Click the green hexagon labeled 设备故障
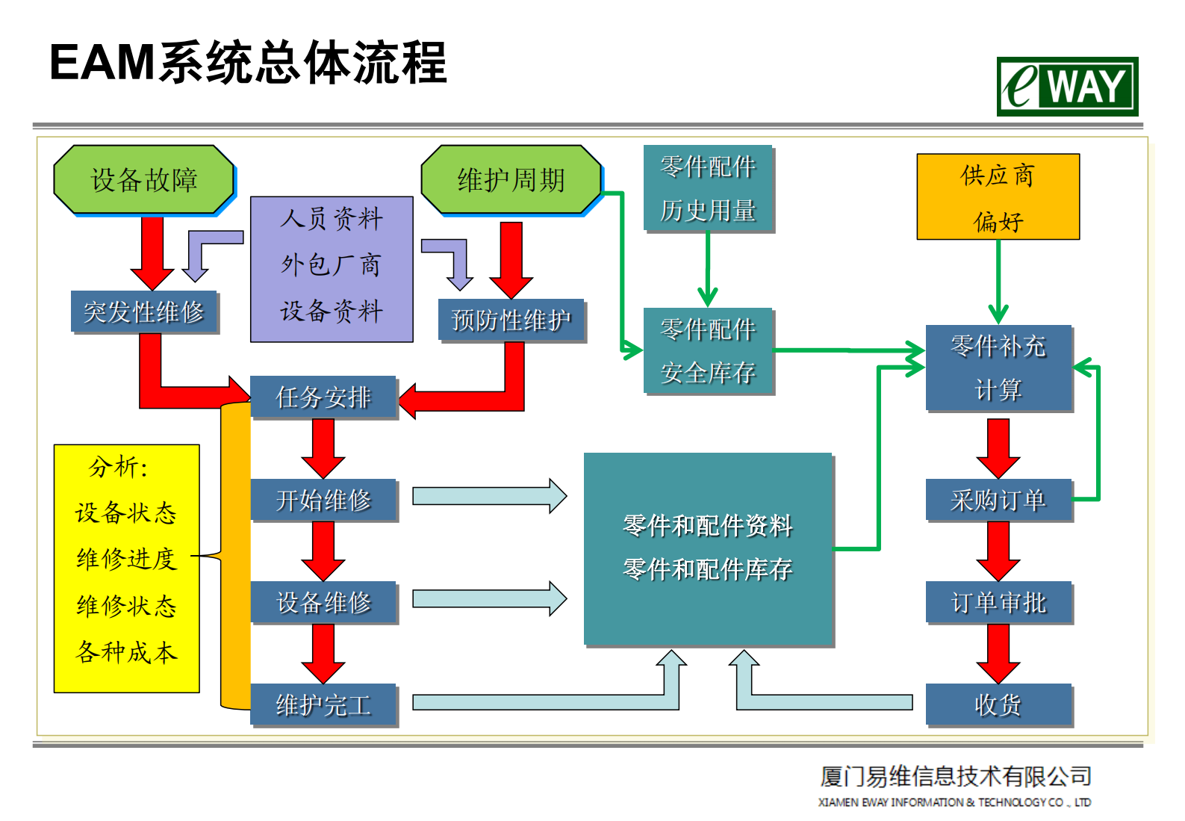[x=143, y=180]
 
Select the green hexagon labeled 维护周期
[x=511, y=180]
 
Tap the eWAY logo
[x=1066, y=87]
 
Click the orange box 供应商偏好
[x=998, y=196]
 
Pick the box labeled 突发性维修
[x=143, y=312]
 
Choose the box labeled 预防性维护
[x=511, y=320]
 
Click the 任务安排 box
[x=323, y=397]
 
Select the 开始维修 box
[x=323, y=500]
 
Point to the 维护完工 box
[x=323, y=704]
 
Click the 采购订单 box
[x=998, y=500]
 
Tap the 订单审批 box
[x=998, y=602]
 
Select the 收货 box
[x=998, y=704]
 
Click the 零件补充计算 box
[x=998, y=368]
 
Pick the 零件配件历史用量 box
[x=707, y=188]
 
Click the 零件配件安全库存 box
[x=707, y=350]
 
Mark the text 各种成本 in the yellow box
[x=126, y=652]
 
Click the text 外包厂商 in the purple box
[x=331, y=264]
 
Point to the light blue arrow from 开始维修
[x=489, y=496]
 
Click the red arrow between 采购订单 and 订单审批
[x=998, y=551]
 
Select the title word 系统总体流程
[x=302, y=63]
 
